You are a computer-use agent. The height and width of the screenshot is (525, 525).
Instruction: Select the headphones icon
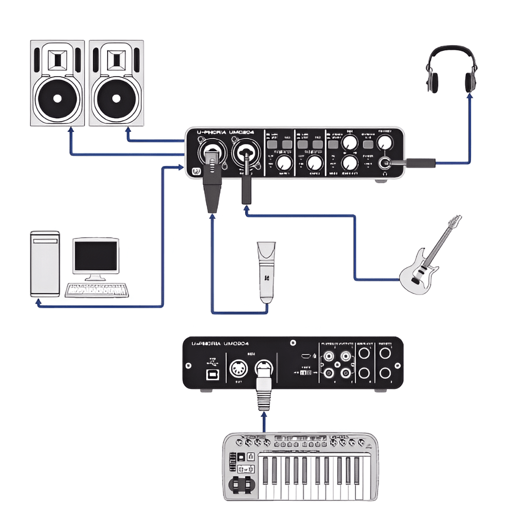[x=451, y=69]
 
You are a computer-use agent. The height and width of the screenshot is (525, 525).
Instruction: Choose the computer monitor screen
[x=96, y=256]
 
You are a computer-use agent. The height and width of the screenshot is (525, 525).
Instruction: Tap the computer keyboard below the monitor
[x=97, y=289]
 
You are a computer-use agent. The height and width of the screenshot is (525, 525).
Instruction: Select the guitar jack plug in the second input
[x=245, y=184]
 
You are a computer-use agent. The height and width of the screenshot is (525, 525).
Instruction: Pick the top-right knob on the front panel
[x=386, y=142]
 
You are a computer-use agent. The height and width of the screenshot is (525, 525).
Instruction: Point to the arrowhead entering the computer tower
[x=38, y=302]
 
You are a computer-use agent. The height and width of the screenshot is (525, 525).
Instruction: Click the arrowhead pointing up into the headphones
[x=469, y=97]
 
